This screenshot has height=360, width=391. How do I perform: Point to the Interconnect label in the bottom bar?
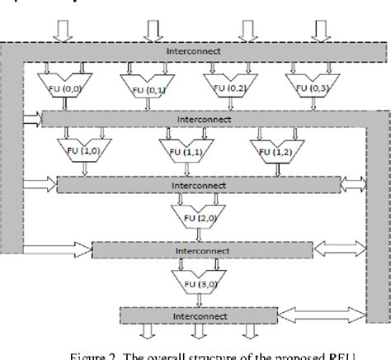196,316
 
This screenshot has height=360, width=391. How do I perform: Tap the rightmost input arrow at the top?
320,29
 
